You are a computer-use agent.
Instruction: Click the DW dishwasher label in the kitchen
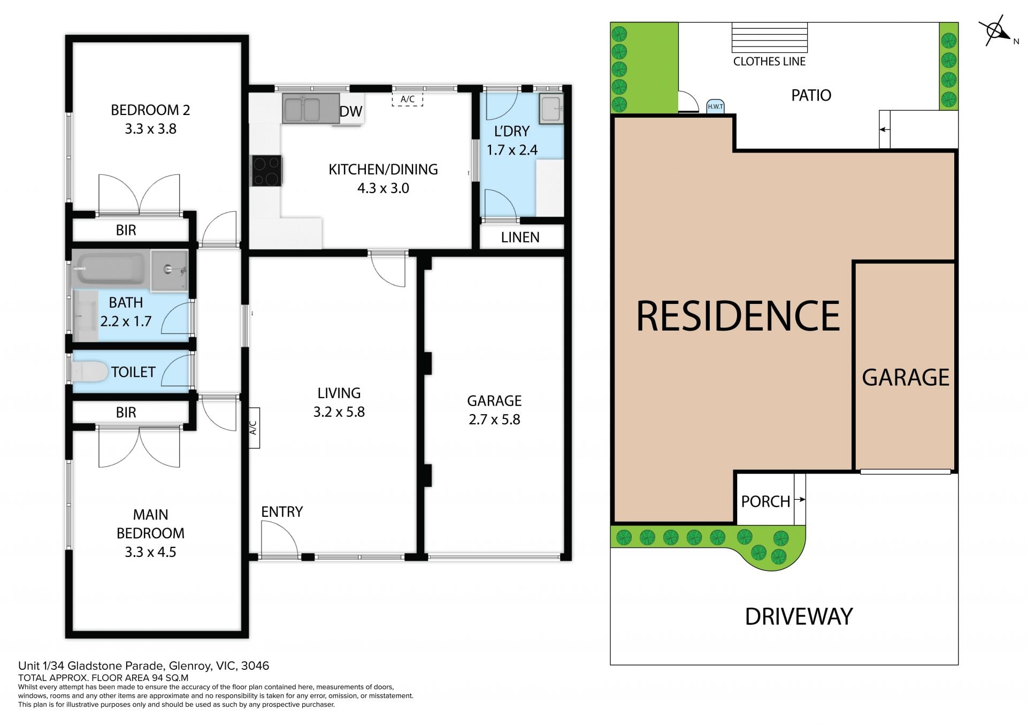click(351, 111)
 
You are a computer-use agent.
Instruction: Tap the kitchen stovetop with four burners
click(266, 171)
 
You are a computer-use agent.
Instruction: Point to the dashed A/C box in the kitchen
click(408, 99)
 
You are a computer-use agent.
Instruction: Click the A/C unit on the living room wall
click(254, 427)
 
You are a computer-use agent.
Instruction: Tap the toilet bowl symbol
click(89, 372)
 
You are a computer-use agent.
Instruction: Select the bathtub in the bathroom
click(111, 268)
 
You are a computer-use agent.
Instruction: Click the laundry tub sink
click(551, 109)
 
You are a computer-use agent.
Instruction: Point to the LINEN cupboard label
click(520, 238)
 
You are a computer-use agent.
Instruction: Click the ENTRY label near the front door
click(282, 512)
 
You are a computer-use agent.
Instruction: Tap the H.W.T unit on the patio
click(715, 106)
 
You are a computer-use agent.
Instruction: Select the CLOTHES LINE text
click(769, 62)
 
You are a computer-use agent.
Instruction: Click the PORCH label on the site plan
click(765, 502)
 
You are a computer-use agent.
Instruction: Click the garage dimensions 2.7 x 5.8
click(494, 419)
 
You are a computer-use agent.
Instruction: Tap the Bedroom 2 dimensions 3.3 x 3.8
click(150, 129)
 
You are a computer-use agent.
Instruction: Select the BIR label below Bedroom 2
click(126, 230)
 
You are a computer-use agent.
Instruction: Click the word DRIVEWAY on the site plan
click(799, 616)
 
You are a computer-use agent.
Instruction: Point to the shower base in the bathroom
click(169, 270)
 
